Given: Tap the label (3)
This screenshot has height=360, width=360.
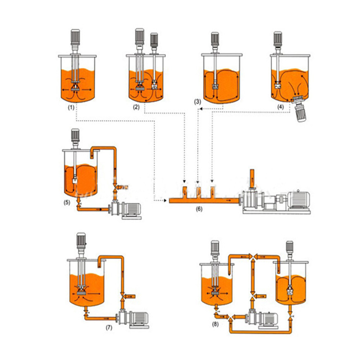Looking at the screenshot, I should tap(198, 102).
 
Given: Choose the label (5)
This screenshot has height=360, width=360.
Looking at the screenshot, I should tap(68, 202).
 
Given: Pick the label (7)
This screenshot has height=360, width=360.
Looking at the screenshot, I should tap(109, 326).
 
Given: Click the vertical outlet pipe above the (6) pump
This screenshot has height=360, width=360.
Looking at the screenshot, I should tap(250, 178).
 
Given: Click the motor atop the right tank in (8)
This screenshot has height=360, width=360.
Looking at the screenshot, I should tap(289, 251).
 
